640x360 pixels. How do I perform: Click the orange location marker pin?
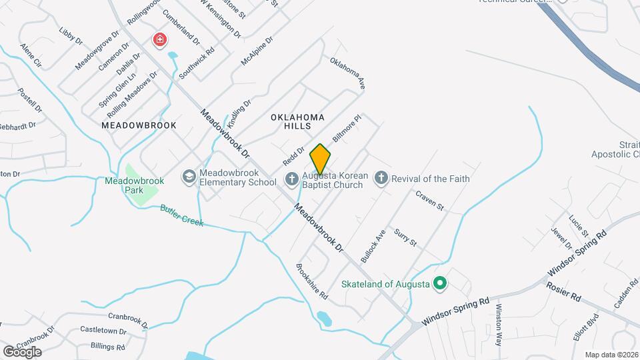tap(320, 159)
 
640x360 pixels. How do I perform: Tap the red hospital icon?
tap(159, 41)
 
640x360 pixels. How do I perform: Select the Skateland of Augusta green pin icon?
tap(439, 284)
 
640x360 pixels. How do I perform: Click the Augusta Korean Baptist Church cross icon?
tap(291, 179)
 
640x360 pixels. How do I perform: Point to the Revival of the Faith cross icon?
tap(381, 178)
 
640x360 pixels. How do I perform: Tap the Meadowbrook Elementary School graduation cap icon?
tap(189, 177)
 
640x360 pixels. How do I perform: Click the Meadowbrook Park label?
tap(125, 185)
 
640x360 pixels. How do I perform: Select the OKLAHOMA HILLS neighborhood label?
tap(297, 121)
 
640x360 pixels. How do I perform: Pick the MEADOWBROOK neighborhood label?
tap(139, 125)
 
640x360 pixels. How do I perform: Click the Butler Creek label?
tap(181, 215)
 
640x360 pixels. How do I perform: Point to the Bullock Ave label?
tap(373, 245)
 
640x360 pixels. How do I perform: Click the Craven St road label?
tap(429, 201)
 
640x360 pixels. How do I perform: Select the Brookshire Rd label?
tap(312, 281)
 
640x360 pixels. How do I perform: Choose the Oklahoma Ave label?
tap(348, 73)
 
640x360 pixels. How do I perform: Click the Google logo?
tap(22, 351)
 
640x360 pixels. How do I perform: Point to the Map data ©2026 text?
tap(611, 355)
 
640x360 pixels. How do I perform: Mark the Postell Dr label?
tap(30, 100)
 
